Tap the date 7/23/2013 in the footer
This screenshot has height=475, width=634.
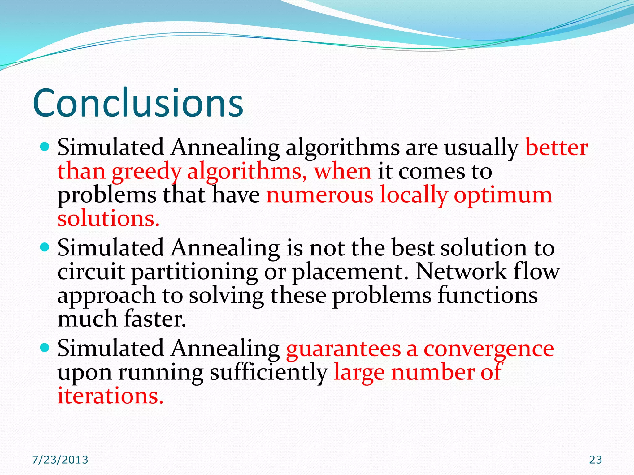click(60, 460)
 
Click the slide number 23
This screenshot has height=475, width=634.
click(595, 460)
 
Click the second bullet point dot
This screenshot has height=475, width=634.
click(45, 247)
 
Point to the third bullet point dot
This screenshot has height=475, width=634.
click(45, 348)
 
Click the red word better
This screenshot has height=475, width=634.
click(556, 148)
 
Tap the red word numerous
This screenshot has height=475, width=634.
click(320, 195)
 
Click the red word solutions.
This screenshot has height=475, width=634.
click(108, 219)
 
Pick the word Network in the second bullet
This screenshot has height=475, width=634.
click(461, 272)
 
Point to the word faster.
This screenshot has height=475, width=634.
click(155, 319)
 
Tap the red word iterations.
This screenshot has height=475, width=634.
click(110, 396)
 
